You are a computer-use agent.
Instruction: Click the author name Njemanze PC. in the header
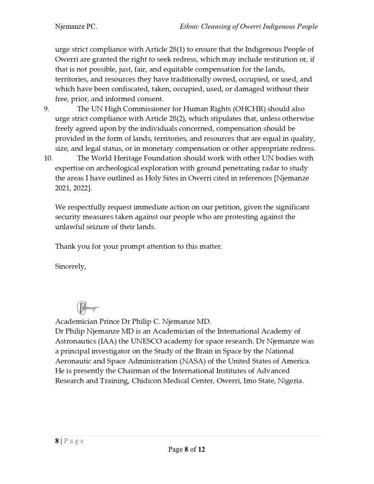click(76, 27)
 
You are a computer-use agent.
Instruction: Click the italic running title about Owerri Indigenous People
click(248, 27)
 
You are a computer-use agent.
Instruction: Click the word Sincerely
click(70, 267)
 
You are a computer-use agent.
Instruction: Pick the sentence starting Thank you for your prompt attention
click(139, 247)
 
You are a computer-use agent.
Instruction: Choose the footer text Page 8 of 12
click(187, 449)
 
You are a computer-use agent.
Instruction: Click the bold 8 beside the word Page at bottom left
click(57, 441)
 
